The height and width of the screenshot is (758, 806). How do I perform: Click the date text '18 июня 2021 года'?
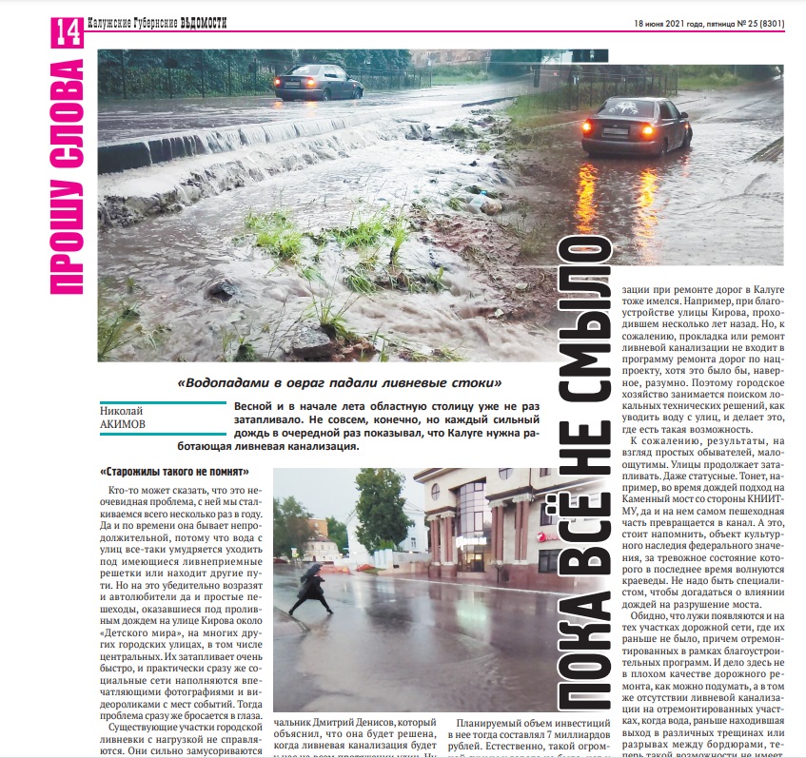tap(664, 23)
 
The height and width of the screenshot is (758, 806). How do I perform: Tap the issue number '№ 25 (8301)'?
tap(748, 23)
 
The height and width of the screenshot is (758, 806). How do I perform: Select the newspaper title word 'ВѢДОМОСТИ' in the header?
tap(204, 22)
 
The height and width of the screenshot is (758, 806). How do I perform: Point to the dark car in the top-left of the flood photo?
tap(318, 83)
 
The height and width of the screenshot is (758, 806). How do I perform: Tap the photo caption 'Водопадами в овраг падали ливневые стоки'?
tap(340, 383)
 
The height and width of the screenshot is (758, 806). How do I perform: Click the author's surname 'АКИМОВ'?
tap(126, 424)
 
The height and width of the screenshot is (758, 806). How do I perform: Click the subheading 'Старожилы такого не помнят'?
tap(174, 472)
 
